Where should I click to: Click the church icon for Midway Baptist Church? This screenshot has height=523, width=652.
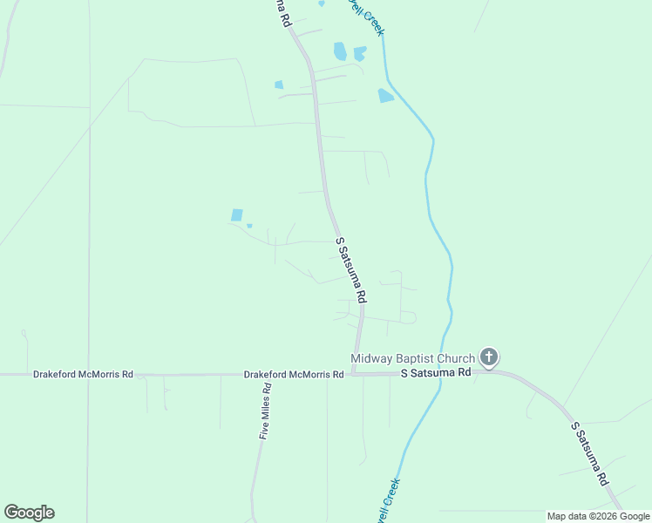pyautogui.click(x=489, y=357)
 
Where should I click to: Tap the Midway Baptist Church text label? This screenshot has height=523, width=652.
pyautogui.click(x=412, y=358)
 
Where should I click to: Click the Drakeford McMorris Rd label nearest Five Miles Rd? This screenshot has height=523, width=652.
pyautogui.click(x=293, y=374)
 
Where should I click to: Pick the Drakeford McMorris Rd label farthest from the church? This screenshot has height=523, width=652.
pyautogui.click(x=83, y=374)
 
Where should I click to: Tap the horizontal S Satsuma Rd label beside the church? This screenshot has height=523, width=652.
pyautogui.click(x=436, y=372)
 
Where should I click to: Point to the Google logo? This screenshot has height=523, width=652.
pyautogui.click(x=29, y=513)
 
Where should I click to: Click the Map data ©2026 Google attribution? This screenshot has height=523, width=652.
pyautogui.click(x=598, y=516)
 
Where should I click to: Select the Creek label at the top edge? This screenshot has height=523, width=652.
pyautogui.click(x=367, y=16)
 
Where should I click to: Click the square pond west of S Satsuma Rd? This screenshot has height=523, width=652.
pyautogui.click(x=236, y=214)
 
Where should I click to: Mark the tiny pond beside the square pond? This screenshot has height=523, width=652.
pyautogui.click(x=249, y=226)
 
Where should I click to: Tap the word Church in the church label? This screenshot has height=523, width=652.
pyautogui.click(x=457, y=358)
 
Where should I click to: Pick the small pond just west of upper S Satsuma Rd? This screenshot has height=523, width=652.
pyautogui.click(x=279, y=85)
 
